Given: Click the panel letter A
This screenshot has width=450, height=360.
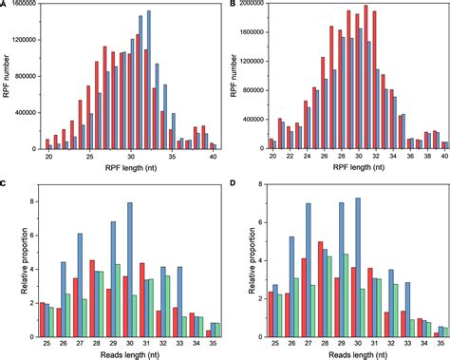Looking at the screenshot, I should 7,7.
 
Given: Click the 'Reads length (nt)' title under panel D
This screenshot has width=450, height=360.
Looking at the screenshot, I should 350,348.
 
